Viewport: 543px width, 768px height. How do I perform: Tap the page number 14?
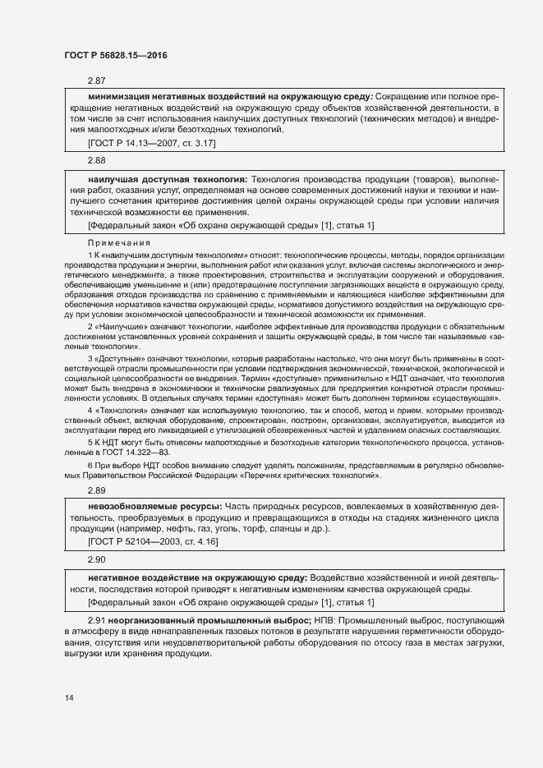[x=69, y=698]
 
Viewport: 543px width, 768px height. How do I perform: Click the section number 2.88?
[x=97, y=161]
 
